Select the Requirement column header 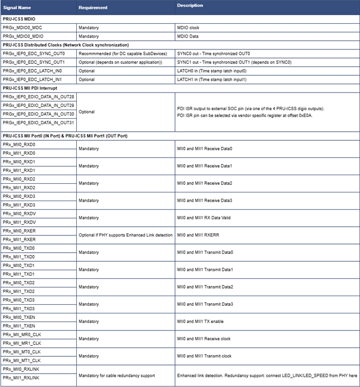(x=93, y=8)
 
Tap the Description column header (x=190, y=5)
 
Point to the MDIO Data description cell (x=188, y=36)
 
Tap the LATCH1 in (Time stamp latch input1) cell (x=212, y=79)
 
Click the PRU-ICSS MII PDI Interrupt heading (x=30, y=88)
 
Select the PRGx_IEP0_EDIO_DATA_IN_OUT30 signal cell (x=39, y=113)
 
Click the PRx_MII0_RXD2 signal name (x=19, y=178)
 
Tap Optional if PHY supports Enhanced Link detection (x=124, y=235)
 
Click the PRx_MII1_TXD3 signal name (x=19, y=308)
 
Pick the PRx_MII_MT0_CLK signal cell (x=22, y=351)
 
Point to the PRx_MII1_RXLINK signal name (x=21, y=377)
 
